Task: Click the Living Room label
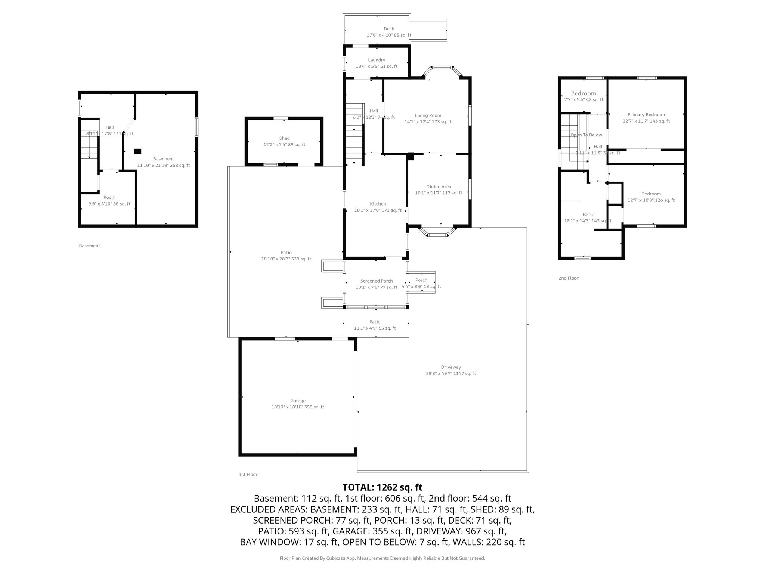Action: pos(428,115)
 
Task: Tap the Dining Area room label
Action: pos(439,187)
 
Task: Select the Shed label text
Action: pos(284,138)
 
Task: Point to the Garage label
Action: pos(298,401)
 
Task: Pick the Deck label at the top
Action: pos(389,29)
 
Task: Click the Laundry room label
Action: pos(377,60)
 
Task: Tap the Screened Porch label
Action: pos(377,281)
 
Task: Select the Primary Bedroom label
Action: pos(646,115)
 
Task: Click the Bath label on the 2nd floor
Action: pos(588,215)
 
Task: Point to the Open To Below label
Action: pos(586,135)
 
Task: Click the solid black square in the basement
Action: pos(138,151)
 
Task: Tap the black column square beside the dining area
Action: pos(411,157)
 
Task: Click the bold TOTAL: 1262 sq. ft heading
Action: pos(382,487)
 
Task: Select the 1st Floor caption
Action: pos(248,475)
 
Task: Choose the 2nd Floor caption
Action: pos(568,278)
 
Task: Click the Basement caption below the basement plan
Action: pos(89,246)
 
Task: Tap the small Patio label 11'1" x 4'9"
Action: pos(375,322)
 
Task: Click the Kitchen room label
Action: pos(378,204)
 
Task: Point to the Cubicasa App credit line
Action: pos(382,558)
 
